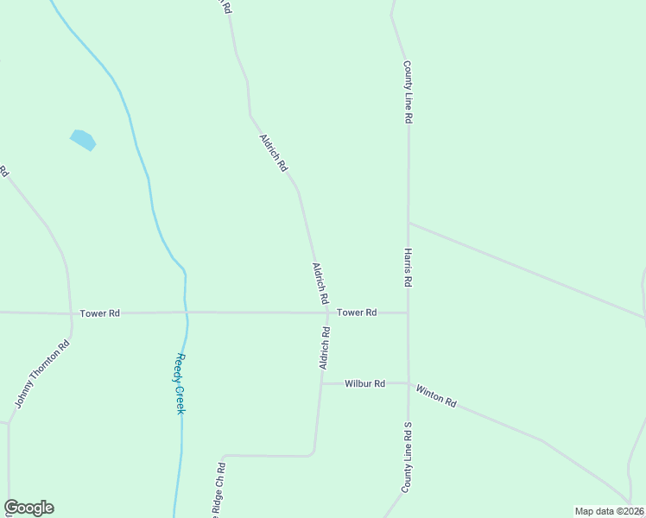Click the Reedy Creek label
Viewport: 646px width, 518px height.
pyautogui.click(x=180, y=382)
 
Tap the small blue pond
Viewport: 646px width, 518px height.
pyautogui.click(x=82, y=139)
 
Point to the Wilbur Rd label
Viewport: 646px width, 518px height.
pyautogui.click(x=364, y=383)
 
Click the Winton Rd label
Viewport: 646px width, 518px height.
pyautogui.click(x=435, y=397)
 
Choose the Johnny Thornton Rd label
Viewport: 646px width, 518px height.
pyautogui.click(x=41, y=375)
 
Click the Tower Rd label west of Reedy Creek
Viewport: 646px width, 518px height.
pyautogui.click(x=99, y=313)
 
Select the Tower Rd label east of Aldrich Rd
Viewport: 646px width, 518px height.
pyautogui.click(x=357, y=313)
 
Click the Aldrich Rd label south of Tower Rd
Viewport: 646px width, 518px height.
pyautogui.click(x=325, y=348)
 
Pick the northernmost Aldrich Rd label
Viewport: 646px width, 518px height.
pyautogui.click(x=273, y=153)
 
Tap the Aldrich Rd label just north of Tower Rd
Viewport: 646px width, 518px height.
pyautogui.click(x=320, y=282)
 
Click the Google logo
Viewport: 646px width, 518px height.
pyautogui.click(x=28, y=508)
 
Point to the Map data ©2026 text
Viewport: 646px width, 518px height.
pyautogui.click(x=609, y=511)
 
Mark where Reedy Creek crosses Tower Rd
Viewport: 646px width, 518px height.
pyautogui.click(x=185, y=313)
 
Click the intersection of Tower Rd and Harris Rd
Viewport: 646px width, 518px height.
pyautogui.click(x=408, y=313)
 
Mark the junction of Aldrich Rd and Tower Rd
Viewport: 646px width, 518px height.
pyautogui.click(x=327, y=313)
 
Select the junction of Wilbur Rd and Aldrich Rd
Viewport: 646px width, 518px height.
pyautogui.click(x=322, y=383)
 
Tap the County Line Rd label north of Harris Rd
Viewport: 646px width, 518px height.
pyautogui.click(x=406, y=92)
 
